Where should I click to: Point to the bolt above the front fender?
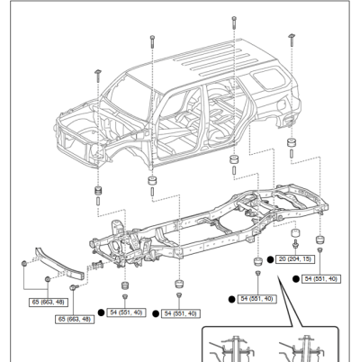[95, 72]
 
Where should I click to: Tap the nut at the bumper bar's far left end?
[22, 262]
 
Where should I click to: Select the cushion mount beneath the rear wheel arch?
[292, 145]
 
